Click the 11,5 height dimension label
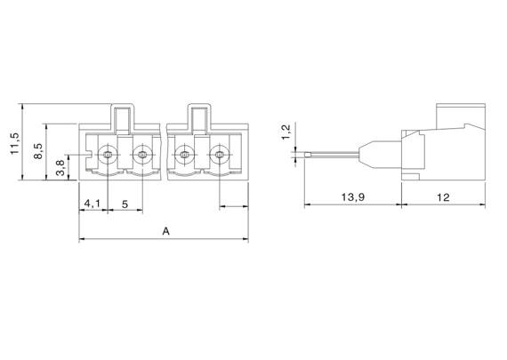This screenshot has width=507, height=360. pyautogui.click(x=15, y=143)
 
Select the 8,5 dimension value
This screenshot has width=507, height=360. pyautogui.click(x=38, y=151)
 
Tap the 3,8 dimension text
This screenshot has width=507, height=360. pyautogui.click(x=60, y=168)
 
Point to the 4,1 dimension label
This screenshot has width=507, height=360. pyautogui.click(x=93, y=204)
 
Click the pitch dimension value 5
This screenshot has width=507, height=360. pyautogui.click(x=125, y=204)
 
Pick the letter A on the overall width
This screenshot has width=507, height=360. pyautogui.click(x=165, y=231)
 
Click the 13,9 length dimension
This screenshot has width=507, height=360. pyautogui.click(x=353, y=196)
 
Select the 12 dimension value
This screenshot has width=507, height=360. pyautogui.click(x=443, y=197)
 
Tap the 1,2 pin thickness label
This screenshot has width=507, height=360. pyautogui.click(x=286, y=132)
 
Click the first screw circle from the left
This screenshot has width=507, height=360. pyautogui.click(x=107, y=156)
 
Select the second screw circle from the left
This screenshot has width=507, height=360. pyautogui.click(x=142, y=156)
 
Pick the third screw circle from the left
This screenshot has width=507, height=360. pyautogui.click(x=184, y=156)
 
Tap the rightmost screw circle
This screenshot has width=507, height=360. pyautogui.click(x=219, y=156)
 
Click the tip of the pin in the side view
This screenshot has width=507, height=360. pyautogui.click(x=305, y=156)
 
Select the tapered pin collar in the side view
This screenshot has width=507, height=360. pyautogui.click(x=365, y=155)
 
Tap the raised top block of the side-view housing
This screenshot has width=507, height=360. pyautogui.click(x=461, y=116)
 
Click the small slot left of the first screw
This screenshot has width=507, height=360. pyautogui.click(x=90, y=156)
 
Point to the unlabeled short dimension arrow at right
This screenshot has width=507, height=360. pyautogui.click(x=234, y=206)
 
